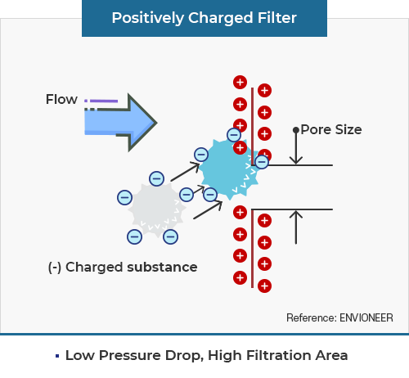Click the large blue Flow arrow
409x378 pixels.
[x=121, y=123]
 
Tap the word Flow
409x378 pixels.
[x=61, y=99]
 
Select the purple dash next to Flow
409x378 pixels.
[x=104, y=101]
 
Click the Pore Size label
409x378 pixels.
[x=331, y=129]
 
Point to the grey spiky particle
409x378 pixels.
[x=157, y=209]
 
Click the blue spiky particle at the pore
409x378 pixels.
[x=230, y=169]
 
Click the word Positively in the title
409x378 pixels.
[x=148, y=19]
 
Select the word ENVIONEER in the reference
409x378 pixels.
[x=366, y=318]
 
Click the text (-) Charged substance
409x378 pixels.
[x=123, y=267]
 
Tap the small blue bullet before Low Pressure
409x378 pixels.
[x=57, y=356]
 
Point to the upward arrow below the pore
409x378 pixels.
[x=296, y=227]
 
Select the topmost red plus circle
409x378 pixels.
[x=240, y=82]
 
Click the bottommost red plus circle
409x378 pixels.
[x=264, y=286]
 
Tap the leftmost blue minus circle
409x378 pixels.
[x=124, y=197]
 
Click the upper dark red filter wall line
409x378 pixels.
[x=253, y=127]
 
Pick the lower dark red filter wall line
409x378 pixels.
[x=252, y=249]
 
